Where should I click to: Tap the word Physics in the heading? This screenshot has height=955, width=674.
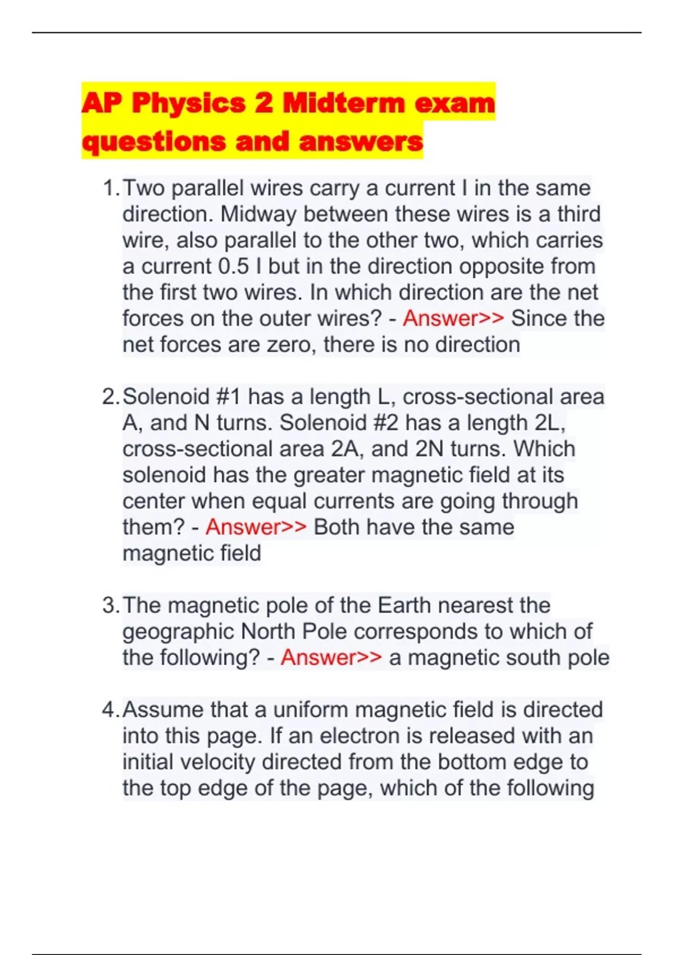click(x=189, y=103)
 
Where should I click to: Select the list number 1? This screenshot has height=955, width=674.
click(x=111, y=188)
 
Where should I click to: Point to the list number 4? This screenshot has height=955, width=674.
click(x=110, y=710)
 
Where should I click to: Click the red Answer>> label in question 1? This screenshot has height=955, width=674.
click(x=453, y=319)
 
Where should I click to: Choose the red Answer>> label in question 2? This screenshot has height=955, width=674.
click(x=256, y=527)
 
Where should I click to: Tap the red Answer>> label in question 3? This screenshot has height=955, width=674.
click(x=331, y=657)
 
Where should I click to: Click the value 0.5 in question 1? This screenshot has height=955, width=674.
click(x=233, y=266)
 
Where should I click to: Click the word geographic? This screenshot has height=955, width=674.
click(x=179, y=632)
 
